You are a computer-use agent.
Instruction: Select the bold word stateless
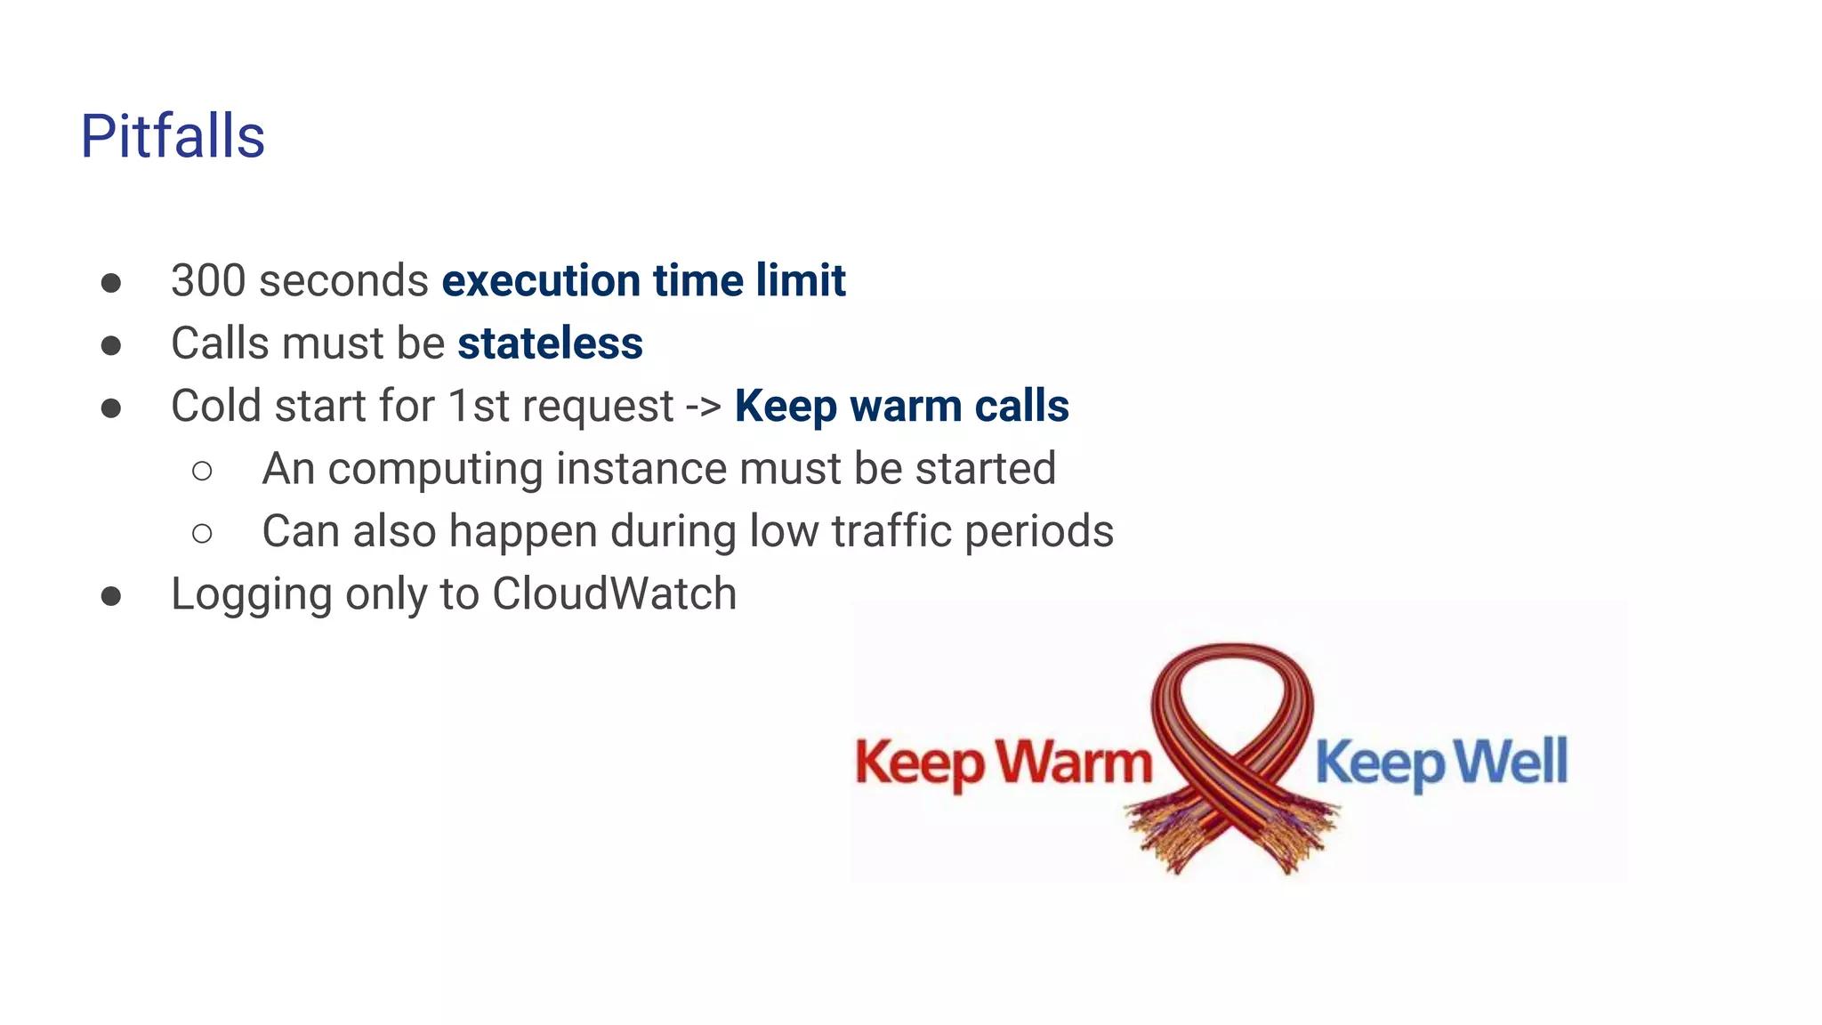point(550,343)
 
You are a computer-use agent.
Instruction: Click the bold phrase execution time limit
point(643,281)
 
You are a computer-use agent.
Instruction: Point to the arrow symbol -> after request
point(703,407)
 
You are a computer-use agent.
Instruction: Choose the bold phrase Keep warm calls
point(901,407)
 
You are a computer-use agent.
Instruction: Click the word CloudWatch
point(614,593)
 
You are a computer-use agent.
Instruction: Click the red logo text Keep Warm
point(1004,763)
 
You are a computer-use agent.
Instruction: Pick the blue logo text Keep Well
point(1441,763)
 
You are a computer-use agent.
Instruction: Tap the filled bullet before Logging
point(111,595)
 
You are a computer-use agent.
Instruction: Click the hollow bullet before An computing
point(202,471)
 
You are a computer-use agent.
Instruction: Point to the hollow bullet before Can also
point(202,533)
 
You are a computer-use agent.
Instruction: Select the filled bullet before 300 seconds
point(111,283)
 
